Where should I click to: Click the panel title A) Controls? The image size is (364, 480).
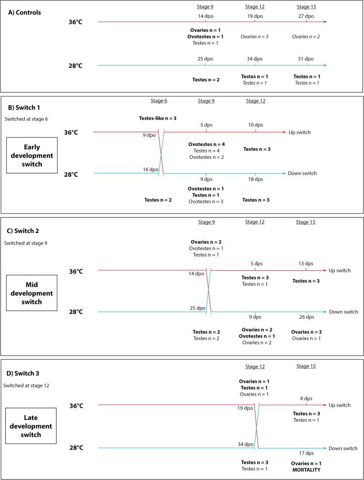pos(25,13)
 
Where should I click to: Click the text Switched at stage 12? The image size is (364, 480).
pos(26,385)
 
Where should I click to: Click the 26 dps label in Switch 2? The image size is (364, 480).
pos(306,317)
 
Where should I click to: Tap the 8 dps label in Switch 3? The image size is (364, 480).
pos(306,398)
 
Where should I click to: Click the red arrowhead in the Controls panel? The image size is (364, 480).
pos(324,22)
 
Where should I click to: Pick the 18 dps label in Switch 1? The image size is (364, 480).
pos(255,179)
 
